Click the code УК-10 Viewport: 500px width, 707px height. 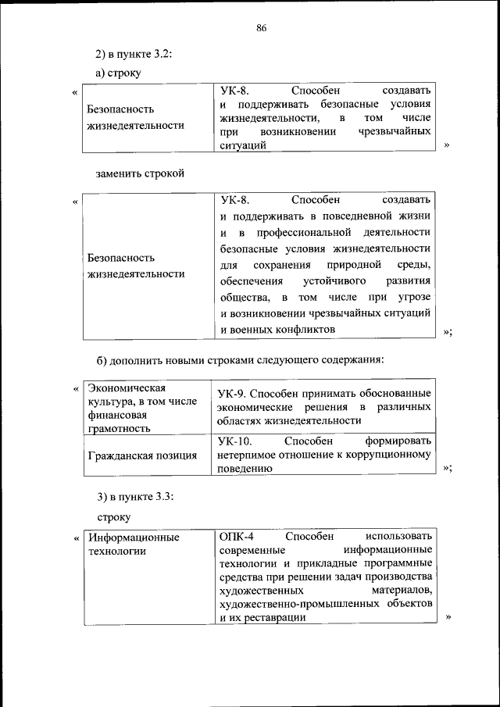click(234, 441)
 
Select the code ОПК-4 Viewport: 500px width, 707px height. click(236, 537)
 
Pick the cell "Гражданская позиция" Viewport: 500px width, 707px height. click(142, 455)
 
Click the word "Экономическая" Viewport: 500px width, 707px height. click(125, 387)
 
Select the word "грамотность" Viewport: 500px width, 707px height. click(119, 428)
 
